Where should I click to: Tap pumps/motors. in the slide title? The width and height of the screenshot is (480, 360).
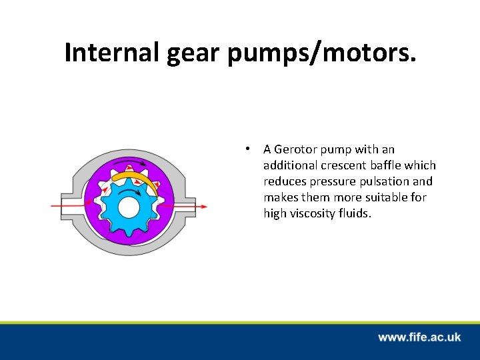pyautogui.click(x=322, y=53)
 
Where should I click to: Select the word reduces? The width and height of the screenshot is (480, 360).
pyautogui.click(x=285, y=181)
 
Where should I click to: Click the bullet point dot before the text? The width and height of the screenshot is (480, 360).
pyautogui.click(x=247, y=149)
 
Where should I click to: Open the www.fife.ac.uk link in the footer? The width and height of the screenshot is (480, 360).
pyautogui.click(x=419, y=337)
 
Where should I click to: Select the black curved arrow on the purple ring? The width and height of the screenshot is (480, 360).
pyautogui.click(x=129, y=162)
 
